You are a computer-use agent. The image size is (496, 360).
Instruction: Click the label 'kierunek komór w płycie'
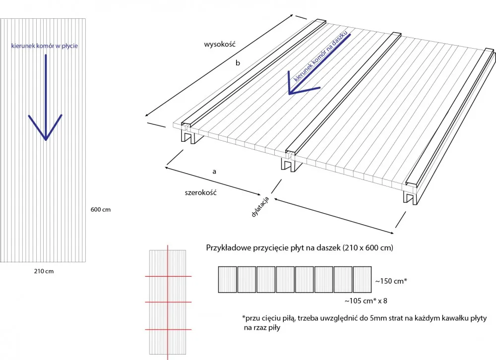click(x=44, y=46)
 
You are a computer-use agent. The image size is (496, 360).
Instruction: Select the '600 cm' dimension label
click(x=101, y=209)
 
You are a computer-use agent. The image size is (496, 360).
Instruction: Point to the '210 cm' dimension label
click(x=44, y=271)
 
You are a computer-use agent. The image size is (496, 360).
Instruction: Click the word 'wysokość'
click(x=220, y=44)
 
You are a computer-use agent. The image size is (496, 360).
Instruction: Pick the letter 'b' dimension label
click(x=238, y=63)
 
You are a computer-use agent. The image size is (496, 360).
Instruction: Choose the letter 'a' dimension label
click(x=214, y=172)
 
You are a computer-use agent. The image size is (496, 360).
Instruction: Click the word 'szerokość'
click(x=201, y=193)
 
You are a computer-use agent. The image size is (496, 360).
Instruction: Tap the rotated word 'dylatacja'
click(x=260, y=207)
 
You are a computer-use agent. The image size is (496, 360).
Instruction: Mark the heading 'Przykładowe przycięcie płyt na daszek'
click(x=273, y=247)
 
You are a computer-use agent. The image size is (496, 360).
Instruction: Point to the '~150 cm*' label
click(x=391, y=281)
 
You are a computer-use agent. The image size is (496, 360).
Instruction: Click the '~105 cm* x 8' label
click(x=366, y=301)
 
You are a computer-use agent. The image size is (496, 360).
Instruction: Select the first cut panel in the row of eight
click(x=228, y=279)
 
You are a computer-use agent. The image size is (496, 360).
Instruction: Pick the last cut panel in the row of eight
click(x=362, y=279)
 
